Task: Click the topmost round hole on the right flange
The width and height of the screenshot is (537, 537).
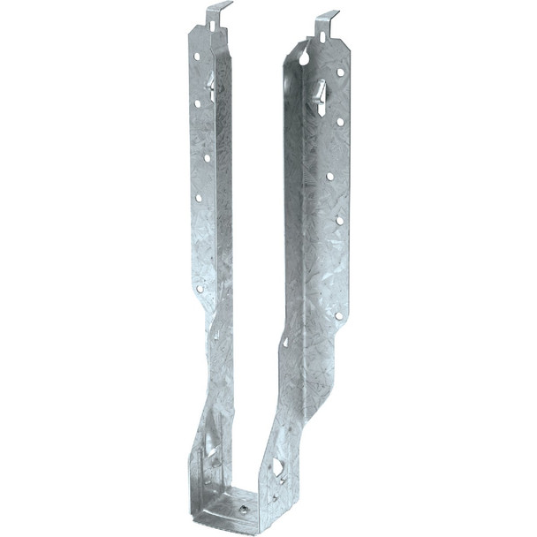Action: [x=340, y=72]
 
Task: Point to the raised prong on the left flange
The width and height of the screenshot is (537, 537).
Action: [x=210, y=86]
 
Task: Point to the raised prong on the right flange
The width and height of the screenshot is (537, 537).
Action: [x=320, y=94]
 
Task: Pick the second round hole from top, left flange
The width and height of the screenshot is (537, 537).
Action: [x=197, y=103]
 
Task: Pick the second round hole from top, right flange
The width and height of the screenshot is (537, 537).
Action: [x=340, y=122]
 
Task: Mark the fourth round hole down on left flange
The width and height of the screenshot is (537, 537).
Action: [x=198, y=198]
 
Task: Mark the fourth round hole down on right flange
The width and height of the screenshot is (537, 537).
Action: [x=339, y=220]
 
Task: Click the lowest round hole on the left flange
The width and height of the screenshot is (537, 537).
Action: [x=200, y=288]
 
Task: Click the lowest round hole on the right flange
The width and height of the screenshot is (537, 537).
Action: [x=338, y=314]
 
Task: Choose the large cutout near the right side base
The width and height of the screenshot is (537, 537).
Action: [x=277, y=466]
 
